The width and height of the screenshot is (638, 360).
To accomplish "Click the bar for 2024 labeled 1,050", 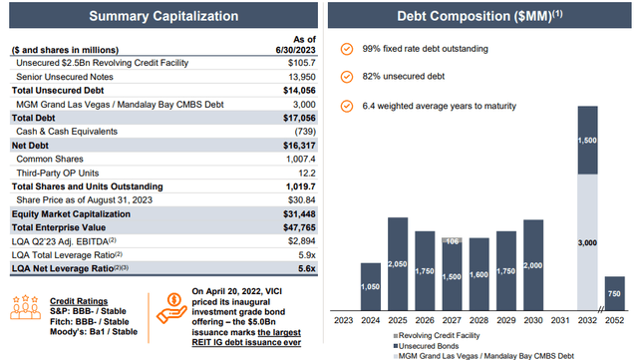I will pyautogui.click(x=370, y=286).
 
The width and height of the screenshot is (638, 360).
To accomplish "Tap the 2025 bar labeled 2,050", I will pyautogui.click(x=397, y=263).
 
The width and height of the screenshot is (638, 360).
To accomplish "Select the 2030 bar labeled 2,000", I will pyautogui.click(x=535, y=264).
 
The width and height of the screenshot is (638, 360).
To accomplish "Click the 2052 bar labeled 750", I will pyautogui.click(x=615, y=294).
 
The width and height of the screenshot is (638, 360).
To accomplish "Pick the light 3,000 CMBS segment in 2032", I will pyautogui.click(x=588, y=242).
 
